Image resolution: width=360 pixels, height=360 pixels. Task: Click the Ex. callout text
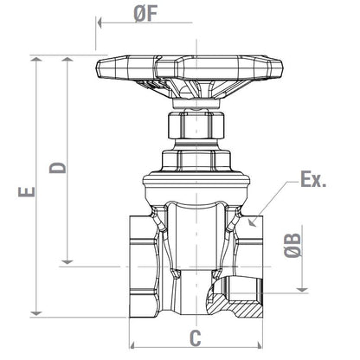[312, 181]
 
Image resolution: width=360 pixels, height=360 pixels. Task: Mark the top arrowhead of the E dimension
[35, 60]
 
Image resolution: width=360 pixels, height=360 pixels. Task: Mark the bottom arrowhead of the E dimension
[35, 312]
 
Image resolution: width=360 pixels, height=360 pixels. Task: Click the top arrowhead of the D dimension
[67, 60]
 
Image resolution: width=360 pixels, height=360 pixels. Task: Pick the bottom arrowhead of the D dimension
[67, 260]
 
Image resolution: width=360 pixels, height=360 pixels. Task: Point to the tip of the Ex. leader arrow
[250, 223]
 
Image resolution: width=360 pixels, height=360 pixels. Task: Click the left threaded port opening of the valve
[138, 260]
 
